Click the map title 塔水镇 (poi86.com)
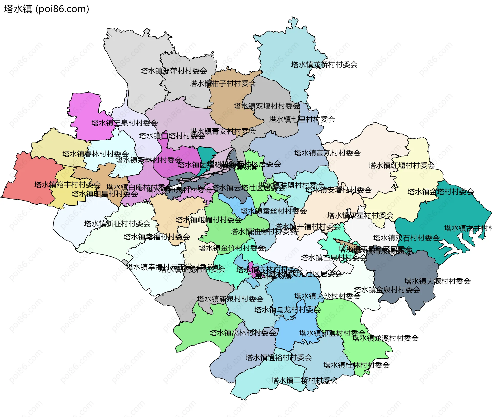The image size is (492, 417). coord(46,9)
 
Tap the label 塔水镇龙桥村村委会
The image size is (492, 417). coord(324,65)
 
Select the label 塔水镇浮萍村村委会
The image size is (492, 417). coord(174,71)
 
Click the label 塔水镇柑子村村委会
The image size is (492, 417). coord(222,84)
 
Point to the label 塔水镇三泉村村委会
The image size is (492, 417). coord(125,123)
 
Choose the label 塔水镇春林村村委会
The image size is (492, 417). coord(95,154)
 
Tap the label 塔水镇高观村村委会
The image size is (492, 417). coord(327,153)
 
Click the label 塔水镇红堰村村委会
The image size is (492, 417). coord(402,165)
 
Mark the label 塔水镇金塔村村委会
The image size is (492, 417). coord(440,192)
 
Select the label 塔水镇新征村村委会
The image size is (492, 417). coord(117,224)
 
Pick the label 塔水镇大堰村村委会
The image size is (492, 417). coord(437,281)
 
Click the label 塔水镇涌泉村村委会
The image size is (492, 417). coord(230,299)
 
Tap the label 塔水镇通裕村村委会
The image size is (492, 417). coord(279,358)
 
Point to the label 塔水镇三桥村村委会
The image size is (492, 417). coord(304,381)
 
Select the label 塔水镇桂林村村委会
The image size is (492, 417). coord(356,365)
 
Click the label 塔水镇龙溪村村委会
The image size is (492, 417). coord(385,338)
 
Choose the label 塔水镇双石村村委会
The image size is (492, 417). coord(406,238)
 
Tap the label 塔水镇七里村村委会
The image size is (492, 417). coord(302,119)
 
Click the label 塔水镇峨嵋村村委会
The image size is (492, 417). coord(209,220)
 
